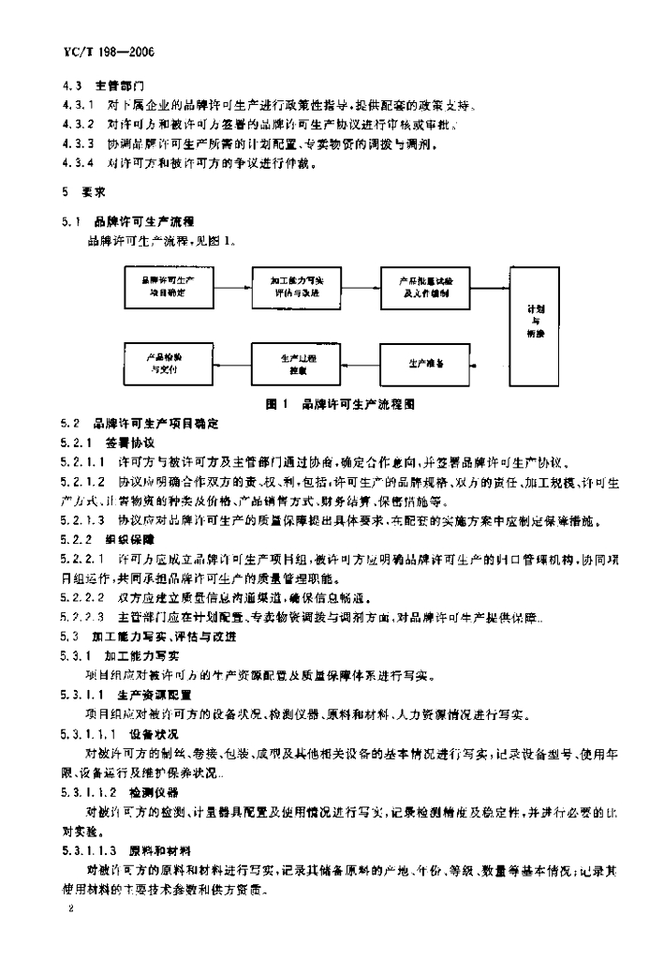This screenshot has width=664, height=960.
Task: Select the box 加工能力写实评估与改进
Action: click(x=296, y=287)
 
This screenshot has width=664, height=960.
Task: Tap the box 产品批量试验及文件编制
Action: click(x=423, y=287)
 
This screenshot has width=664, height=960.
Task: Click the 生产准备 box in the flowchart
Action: click(x=423, y=363)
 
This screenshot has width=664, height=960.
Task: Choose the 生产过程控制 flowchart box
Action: click(x=296, y=363)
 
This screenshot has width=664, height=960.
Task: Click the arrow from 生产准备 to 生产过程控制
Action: click(x=362, y=363)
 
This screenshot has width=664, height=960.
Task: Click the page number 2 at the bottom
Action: click(x=66, y=910)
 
